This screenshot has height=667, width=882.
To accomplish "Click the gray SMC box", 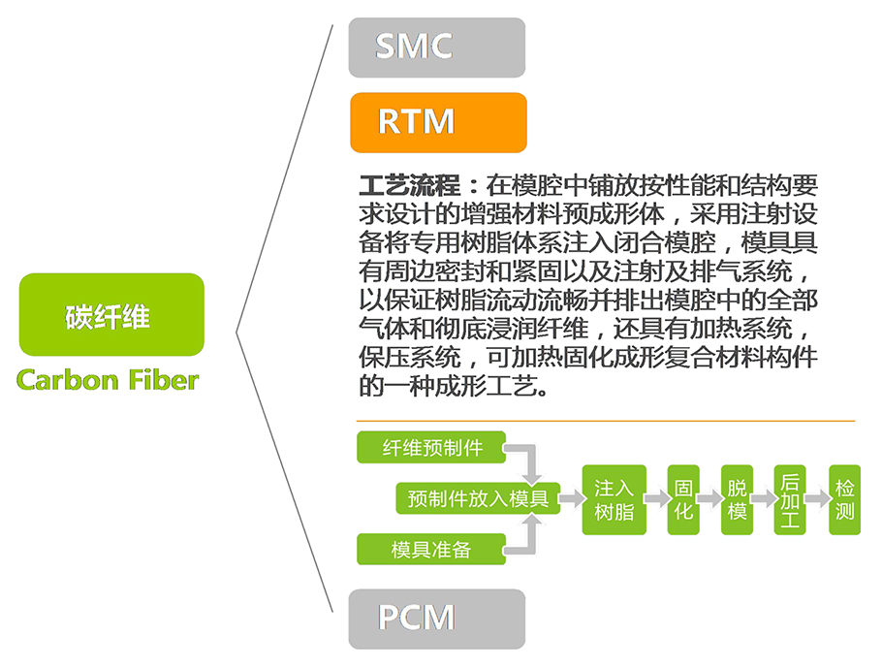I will coord(436,47).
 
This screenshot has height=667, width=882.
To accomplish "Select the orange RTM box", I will coord(437,122).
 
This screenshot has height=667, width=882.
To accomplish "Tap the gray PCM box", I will coord(436,619).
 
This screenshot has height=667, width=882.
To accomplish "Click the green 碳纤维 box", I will coord(111,314).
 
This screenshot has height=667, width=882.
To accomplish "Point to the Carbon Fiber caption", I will coord(108,379).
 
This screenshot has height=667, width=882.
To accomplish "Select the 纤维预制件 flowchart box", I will coord(432,447).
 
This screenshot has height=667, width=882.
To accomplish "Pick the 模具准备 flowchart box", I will coord(431,549).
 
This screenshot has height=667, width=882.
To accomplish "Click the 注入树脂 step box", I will coord(614,499).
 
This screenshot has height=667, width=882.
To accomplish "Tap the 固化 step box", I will coord(683,499).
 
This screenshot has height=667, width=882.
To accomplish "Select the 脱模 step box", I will coord(738,499).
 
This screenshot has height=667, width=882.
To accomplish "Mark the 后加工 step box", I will coord(790,499).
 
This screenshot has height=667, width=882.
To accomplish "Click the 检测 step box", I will coord(844,499).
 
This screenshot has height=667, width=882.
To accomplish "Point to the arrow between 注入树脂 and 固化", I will coord(657,499).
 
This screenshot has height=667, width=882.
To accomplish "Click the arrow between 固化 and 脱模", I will coord(710,499).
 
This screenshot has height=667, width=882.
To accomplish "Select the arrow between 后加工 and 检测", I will coord(817,499).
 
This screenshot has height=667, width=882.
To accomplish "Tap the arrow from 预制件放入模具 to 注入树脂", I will coord(571,498).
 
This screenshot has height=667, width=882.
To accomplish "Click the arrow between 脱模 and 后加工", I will coord(764,499).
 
